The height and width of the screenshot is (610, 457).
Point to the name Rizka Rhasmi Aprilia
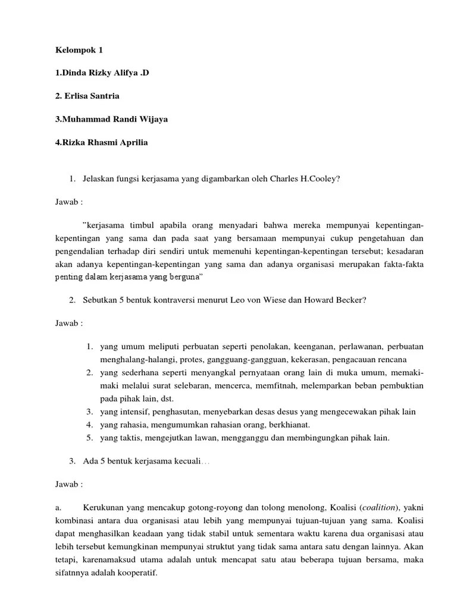pos(101,143)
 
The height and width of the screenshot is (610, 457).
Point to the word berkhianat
pos(289,425)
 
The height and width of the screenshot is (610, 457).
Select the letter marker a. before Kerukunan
pos(58,507)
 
